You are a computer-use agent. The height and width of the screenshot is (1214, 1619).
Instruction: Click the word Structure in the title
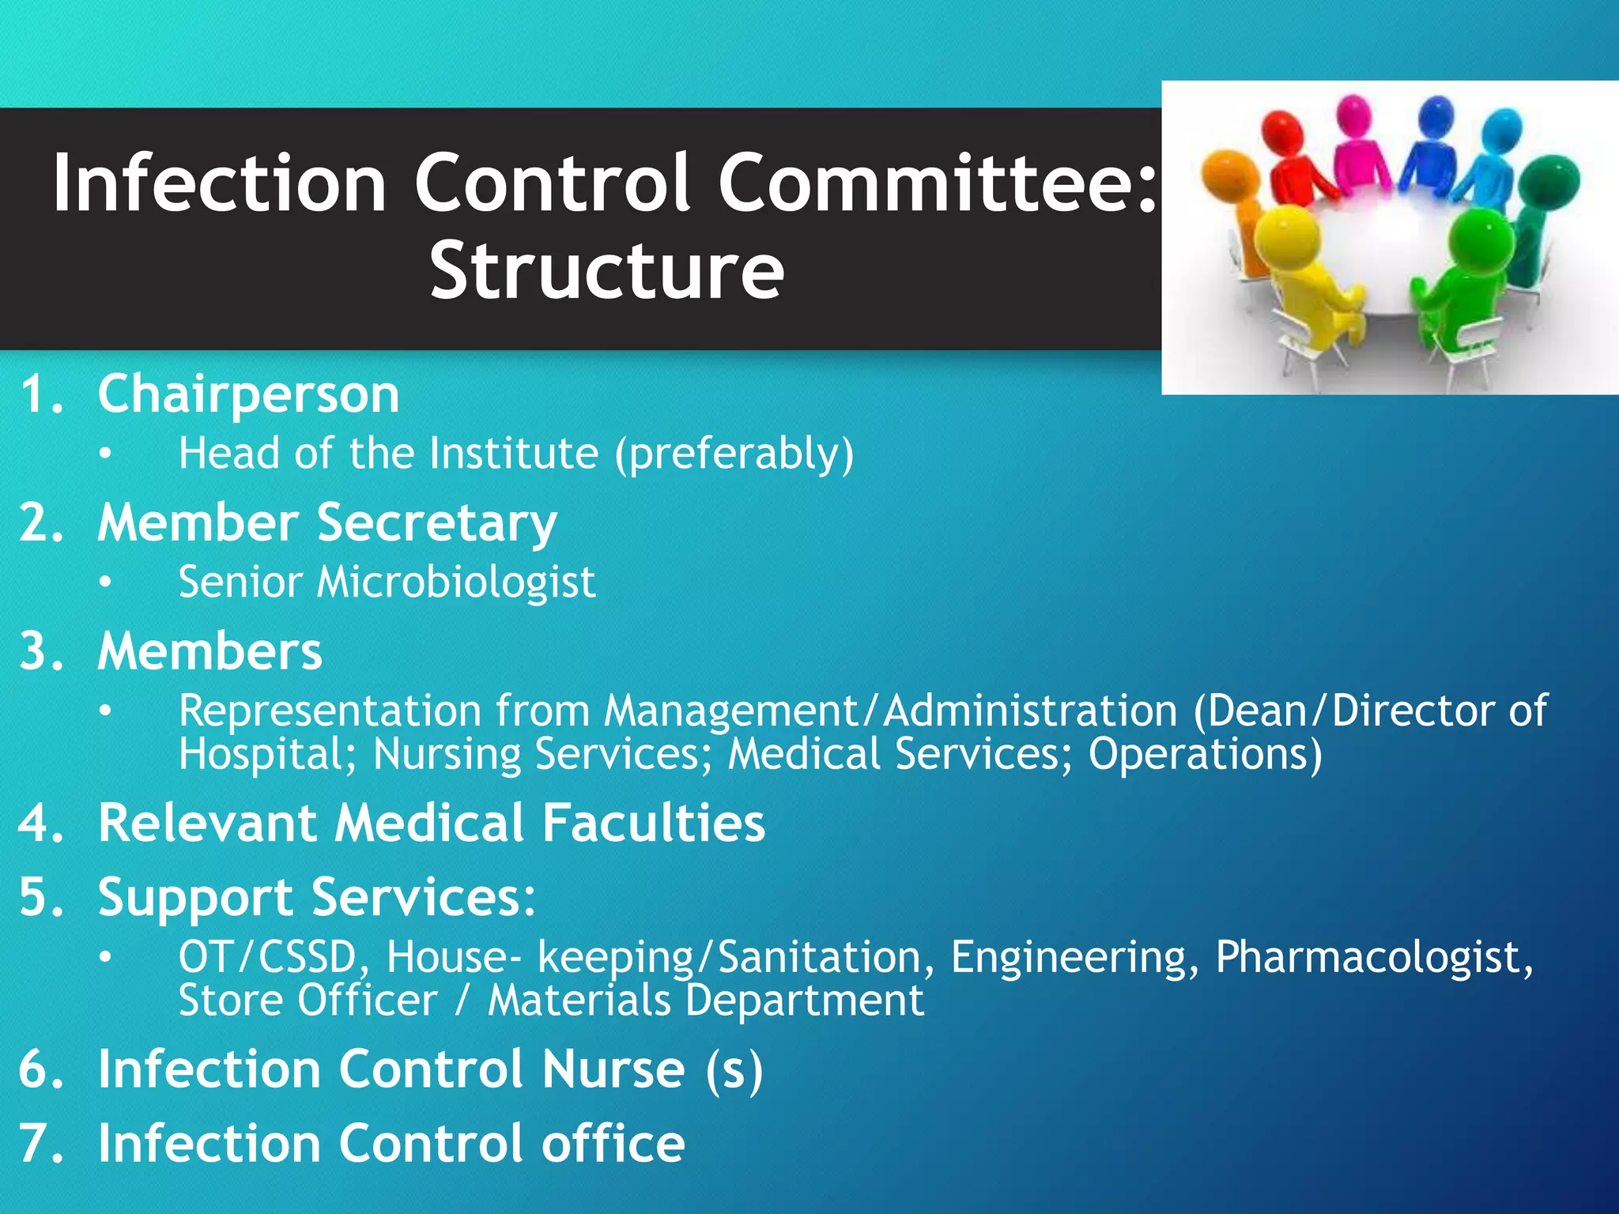pyautogui.click(x=606, y=271)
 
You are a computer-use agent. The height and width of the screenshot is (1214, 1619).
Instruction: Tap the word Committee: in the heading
pyautogui.click(x=938, y=183)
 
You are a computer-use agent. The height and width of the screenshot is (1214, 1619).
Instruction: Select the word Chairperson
pyautogui.click(x=248, y=394)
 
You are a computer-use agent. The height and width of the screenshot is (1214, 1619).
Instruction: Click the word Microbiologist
pyautogui.click(x=455, y=582)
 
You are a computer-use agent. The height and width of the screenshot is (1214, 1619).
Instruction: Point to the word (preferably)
pyautogui.click(x=734, y=454)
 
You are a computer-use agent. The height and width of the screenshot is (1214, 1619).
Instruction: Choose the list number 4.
pyautogui.click(x=40, y=824)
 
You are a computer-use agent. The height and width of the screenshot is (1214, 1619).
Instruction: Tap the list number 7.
pyautogui.click(x=40, y=1144)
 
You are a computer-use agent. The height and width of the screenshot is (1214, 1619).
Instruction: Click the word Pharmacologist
pyautogui.click(x=1373, y=958)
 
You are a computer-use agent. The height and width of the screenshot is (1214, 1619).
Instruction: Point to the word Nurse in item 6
pyautogui.click(x=613, y=1069)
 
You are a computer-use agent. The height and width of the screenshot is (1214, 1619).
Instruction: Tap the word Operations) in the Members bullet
pyautogui.click(x=1205, y=754)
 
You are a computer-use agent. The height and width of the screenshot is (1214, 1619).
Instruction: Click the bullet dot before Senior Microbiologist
pyautogui.click(x=106, y=583)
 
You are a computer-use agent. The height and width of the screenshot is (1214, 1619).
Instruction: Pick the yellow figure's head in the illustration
pyautogui.click(x=1287, y=236)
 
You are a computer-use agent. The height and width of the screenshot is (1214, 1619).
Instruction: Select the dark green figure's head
pyautogui.click(x=1550, y=180)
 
